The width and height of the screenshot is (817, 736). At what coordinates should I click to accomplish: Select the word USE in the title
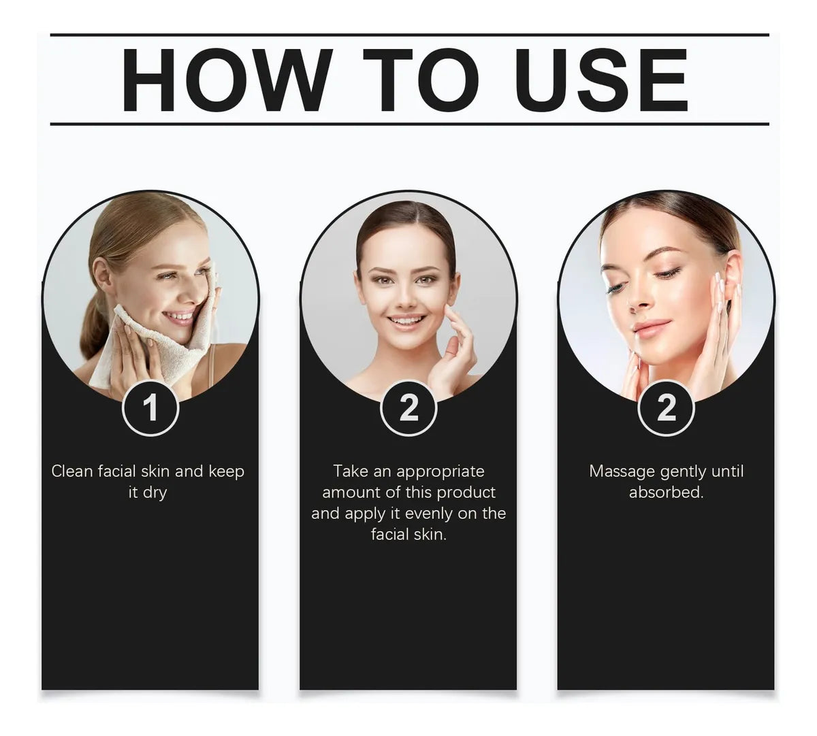[602, 80]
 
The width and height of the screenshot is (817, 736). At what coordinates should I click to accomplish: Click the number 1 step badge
[150, 408]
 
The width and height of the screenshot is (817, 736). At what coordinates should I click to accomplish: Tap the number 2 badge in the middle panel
[408, 408]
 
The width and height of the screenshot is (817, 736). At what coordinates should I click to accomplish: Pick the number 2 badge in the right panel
[667, 408]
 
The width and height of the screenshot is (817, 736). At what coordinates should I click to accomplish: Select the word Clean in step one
[72, 471]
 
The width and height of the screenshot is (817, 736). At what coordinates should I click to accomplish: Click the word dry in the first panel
[155, 493]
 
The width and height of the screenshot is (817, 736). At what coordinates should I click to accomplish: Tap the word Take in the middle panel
[350, 471]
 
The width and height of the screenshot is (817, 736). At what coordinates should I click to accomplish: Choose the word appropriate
[440, 472]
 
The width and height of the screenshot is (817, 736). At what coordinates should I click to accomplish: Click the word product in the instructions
[466, 493]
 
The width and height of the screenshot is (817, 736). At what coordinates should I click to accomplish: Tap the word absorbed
[667, 492]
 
